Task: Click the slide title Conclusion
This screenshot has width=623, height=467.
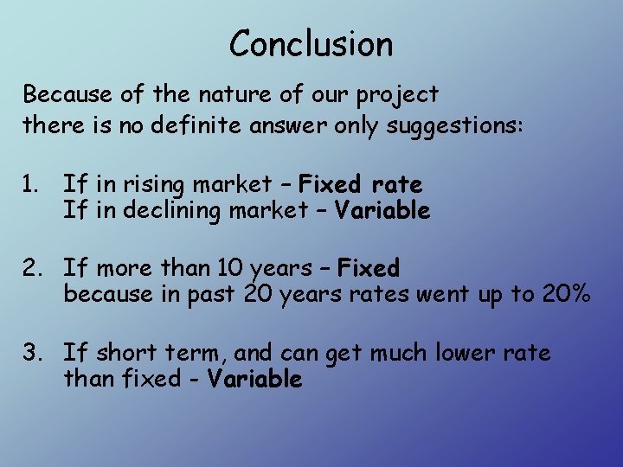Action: [311, 43]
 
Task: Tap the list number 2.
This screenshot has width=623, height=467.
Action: [33, 268]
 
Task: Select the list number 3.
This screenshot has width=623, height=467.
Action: [33, 353]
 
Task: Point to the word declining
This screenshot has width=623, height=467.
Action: [151, 210]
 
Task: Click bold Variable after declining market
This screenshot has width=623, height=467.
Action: [382, 210]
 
